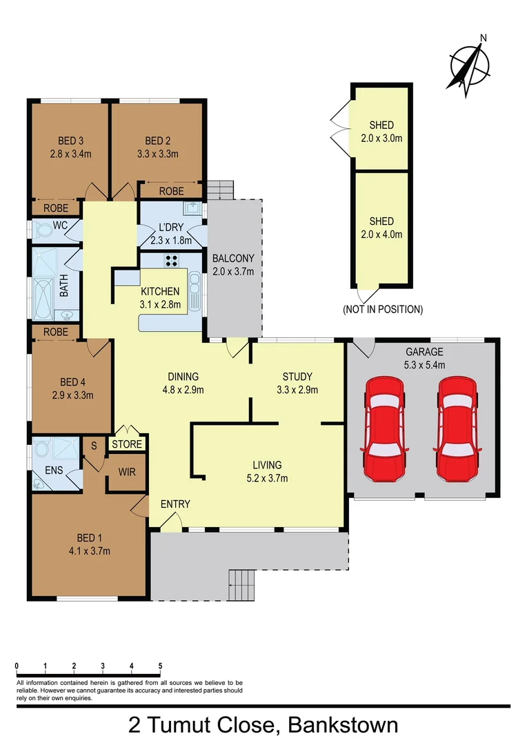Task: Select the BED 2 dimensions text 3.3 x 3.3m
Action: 157,154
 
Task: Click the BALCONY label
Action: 233,259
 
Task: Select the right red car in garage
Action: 455,428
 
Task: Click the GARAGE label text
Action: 424,352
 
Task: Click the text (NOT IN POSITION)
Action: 383,310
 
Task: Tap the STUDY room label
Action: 297,377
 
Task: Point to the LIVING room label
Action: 266,465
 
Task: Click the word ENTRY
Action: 175,504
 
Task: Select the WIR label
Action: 126,472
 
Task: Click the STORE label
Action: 127,444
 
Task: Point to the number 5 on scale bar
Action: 160,666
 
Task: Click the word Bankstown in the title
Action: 342,726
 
